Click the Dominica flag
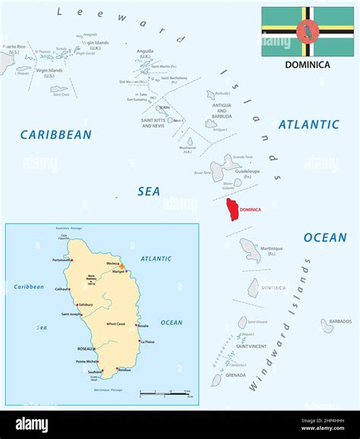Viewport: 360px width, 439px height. pyautogui.click(x=308, y=31)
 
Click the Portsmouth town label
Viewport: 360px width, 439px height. pyautogui.click(x=62, y=260)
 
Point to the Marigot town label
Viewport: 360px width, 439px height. pyautogui.click(x=118, y=272)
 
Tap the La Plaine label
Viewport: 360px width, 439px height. pyautogui.click(x=147, y=342)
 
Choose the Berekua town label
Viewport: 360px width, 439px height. pyautogui.click(x=124, y=370)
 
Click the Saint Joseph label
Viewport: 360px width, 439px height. pyautogui.click(x=72, y=314)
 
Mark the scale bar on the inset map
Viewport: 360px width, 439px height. pyautogui.click(x=166, y=393)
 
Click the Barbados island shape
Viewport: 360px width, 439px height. pyautogui.click(x=327, y=326)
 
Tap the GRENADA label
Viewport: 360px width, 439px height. pyautogui.click(x=235, y=374)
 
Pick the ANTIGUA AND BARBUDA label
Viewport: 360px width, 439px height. pyautogui.click(x=221, y=112)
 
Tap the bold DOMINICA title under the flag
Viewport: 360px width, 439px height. pyautogui.click(x=308, y=65)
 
